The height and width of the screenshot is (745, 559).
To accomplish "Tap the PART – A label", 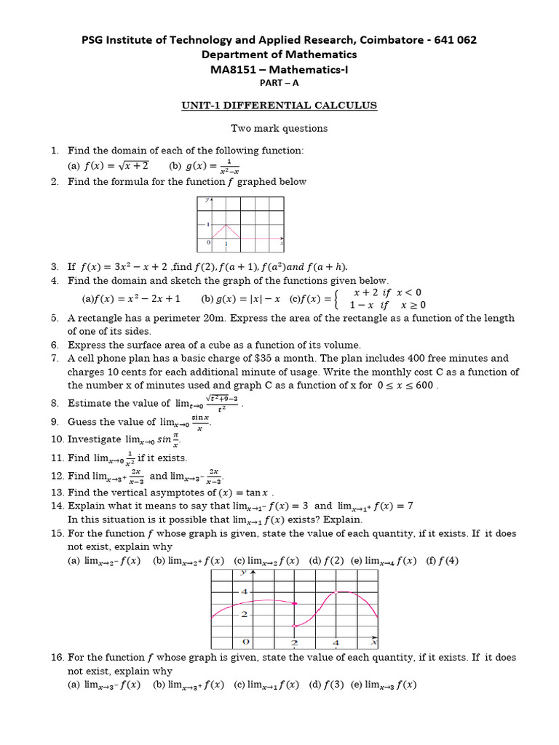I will (x=279, y=83).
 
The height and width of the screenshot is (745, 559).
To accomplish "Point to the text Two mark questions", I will (x=279, y=128).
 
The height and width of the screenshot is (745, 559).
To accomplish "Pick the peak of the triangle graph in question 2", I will (x=226, y=224).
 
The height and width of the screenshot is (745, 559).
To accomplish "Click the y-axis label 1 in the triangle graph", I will (x=208, y=224).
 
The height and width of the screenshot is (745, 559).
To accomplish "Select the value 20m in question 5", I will (x=237, y=318).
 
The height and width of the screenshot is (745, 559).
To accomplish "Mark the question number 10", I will (x=58, y=439).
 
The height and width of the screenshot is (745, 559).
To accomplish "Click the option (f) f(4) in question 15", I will (x=443, y=560).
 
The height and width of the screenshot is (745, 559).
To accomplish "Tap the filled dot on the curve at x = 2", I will (x=294, y=603).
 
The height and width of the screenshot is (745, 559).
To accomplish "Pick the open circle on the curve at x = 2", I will (x=294, y=626).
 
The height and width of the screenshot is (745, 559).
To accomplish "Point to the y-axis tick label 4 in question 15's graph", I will (x=244, y=591).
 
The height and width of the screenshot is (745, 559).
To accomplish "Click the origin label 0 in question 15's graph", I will (x=246, y=642).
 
